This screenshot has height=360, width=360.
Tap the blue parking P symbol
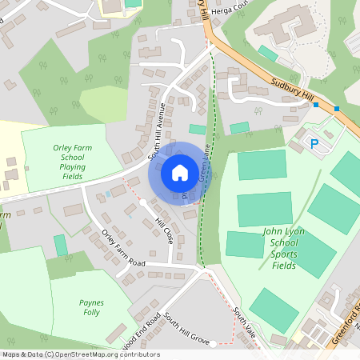314,144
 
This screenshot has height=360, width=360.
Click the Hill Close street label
164,232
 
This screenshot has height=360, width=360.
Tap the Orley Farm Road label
123,250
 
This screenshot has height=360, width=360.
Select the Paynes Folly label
92,308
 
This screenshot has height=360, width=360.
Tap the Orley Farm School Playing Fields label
72,161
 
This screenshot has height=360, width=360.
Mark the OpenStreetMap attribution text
81,354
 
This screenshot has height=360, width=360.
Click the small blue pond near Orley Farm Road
108,194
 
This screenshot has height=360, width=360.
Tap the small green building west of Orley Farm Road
61,245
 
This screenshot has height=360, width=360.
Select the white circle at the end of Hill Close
143,202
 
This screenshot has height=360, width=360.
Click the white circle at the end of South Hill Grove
214,343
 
